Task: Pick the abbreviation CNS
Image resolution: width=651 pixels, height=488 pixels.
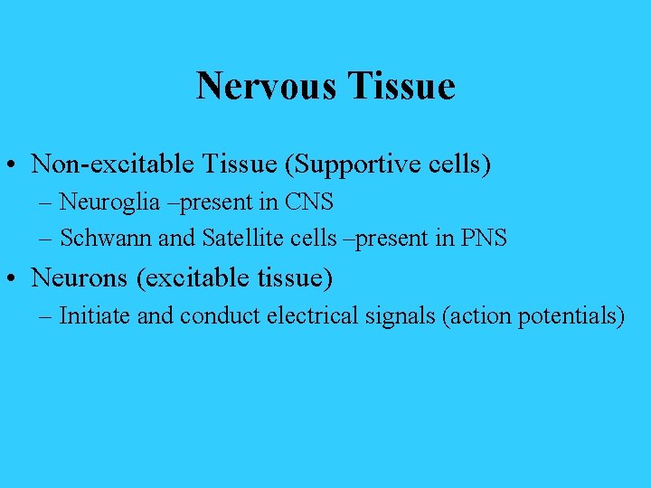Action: (x=309, y=202)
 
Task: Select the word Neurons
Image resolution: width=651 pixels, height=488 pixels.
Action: (x=80, y=277)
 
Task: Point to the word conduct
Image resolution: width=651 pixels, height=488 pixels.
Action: (x=212, y=316)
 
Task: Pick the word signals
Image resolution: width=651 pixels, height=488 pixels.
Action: (x=392, y=316)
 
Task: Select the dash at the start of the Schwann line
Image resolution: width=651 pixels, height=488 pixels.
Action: (x=45, y=239)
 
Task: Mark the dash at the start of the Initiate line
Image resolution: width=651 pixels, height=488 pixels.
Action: (x=45, y=317)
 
